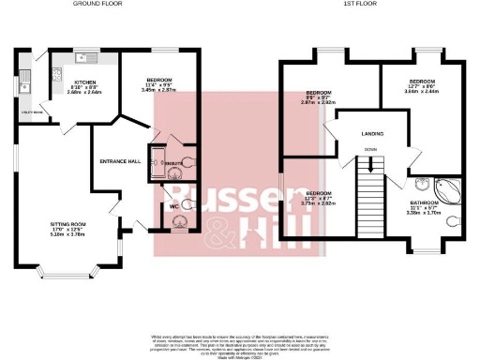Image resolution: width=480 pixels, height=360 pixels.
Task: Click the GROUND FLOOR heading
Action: [101, 4]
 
